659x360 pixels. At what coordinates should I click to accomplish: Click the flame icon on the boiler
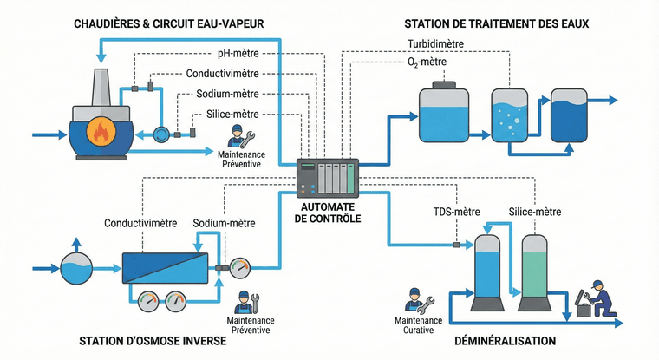101,133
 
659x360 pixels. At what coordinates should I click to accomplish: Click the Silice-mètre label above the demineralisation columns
534,212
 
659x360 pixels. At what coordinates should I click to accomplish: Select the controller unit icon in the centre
326,178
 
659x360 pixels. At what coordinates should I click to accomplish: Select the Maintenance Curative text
419,325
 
